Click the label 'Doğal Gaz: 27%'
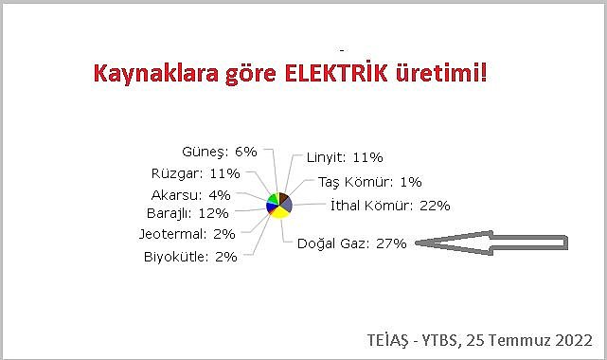pos(352,243)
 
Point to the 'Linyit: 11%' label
pos(345,157)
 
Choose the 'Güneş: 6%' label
pos(219,152)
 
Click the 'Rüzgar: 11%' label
pos(195,173)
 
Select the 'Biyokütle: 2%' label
pos(190,256)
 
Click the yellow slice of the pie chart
pos(279,212)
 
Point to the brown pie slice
pos(283,197)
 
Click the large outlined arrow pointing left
pos(492,243)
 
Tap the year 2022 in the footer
pos(574,341)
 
